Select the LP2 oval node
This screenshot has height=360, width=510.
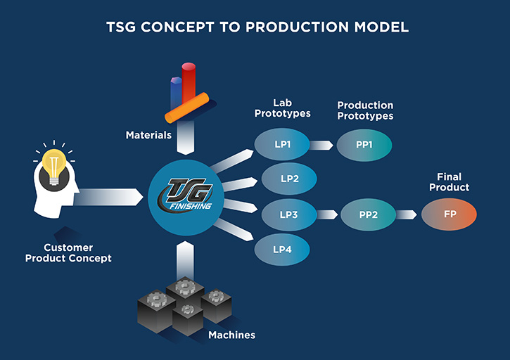click(x=289, y=179)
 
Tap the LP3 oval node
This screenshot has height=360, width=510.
click(x=289, y=214)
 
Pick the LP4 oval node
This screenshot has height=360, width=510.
click(x=281, y=248)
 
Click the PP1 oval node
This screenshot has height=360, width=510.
click(x=364, y=146)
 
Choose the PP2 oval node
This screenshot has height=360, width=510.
click(x=369, y=214)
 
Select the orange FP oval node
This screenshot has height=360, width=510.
click(x=449, y=214)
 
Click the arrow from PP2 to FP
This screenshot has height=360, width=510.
click(x=406, y=214)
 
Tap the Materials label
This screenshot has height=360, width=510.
click(x=148, y=134)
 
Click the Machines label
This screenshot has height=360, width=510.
click(x=231, y=335)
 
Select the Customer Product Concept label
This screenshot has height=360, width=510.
click(x=68, y=253)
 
